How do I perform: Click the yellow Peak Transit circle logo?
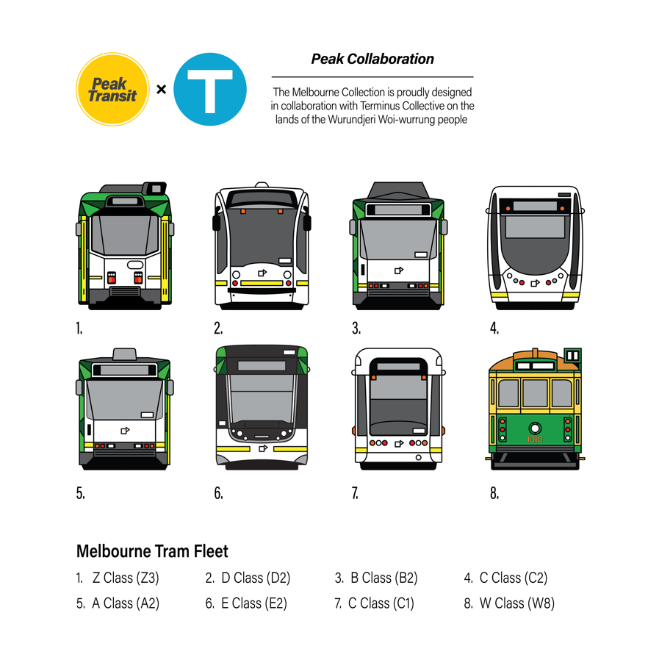pyautogui.click(x=113, y=90)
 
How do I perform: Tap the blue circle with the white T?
pyautogui.click(x=209, y=90)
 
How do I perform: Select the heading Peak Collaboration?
pyautogui.click(x=372, y=59)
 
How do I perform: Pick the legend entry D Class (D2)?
pyautogui.click(x=255, y=578)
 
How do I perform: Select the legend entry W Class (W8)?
pyautogui.click(x=516, y=603)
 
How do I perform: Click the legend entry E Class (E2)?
pyautogui.click(x=254, y=603)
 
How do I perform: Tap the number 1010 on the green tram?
pyautogui.click(x=535, y=440)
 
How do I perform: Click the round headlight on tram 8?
pyautogui.click(x=535, y=427)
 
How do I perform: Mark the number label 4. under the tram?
pyautogui.click(x=494, y=329)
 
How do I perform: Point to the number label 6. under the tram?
pyautogui.click(x=218, y=493)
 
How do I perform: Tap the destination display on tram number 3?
pyautogui.click(x=397, y=209)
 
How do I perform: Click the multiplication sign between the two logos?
pyautogui.click(x=161, y=90)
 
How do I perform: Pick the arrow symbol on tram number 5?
pyautogui.click(x=124, y=431)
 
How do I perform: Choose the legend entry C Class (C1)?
pyautogui.click(x=381, y=603)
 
